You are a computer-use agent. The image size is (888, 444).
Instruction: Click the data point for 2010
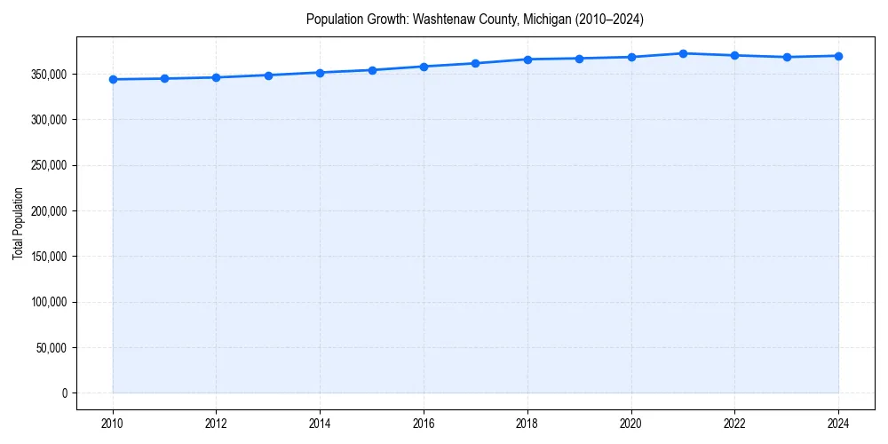click(113, 79)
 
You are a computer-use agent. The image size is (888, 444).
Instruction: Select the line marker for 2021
click(683, 53)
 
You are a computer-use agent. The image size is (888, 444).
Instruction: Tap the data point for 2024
click(838, 56)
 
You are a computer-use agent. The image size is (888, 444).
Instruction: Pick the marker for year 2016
click(424, 67)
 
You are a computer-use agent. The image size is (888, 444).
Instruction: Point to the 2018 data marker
click(527, 59)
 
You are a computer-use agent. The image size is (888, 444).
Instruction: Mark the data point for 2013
click(268, 75)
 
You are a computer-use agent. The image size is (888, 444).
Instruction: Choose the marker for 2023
click(787, 57)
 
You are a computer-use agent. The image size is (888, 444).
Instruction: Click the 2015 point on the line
click(372, 70)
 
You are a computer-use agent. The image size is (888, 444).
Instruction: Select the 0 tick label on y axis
click(64, 393)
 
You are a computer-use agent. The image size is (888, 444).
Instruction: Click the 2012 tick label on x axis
click(216, 423)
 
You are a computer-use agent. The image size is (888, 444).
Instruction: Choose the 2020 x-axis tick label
click(631, 423)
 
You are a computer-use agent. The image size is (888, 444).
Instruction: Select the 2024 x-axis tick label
click(838, 423)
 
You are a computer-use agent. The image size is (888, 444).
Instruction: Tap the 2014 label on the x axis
click(320, 423)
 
